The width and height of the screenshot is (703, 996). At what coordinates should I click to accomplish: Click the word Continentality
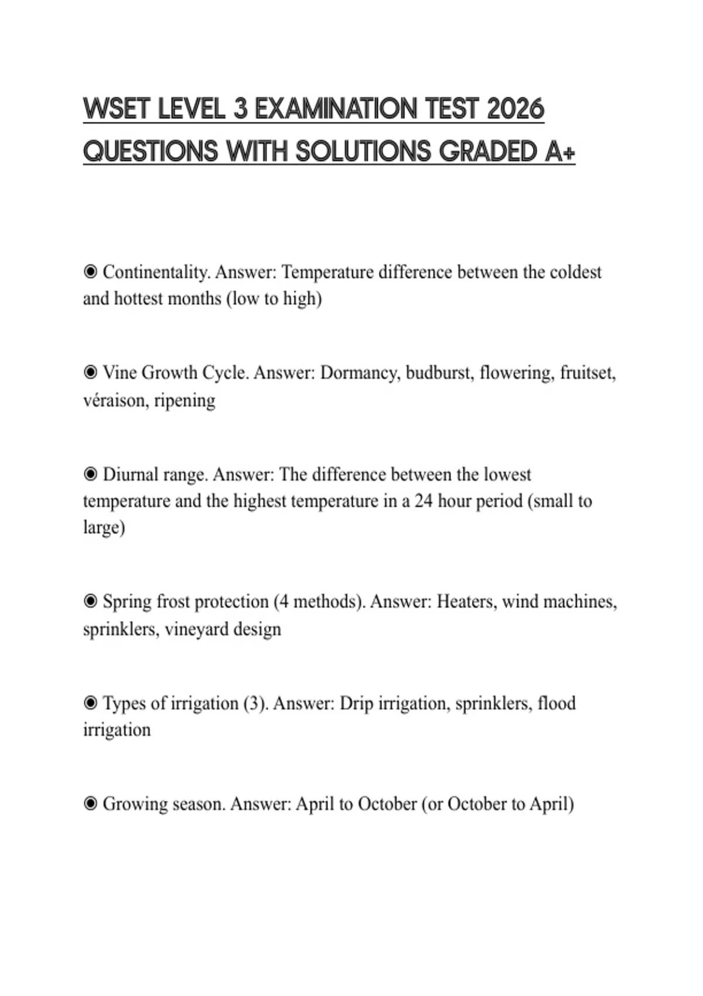click(x=156, y=272)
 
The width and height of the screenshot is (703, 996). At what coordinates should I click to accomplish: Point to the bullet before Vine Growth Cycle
click(x=90, y=373)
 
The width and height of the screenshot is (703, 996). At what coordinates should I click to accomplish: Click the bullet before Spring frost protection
click(x=90, y=602)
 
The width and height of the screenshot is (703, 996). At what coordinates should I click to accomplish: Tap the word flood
click(x=557, y=703)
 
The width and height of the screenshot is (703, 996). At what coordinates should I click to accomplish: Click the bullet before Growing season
click(x=90, y=804)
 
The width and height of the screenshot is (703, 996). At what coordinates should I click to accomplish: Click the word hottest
click(x=138, y=299)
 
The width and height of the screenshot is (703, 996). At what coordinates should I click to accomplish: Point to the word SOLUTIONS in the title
click(x=363, y=152)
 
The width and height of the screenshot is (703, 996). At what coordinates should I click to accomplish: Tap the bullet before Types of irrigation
click(x=90, y=703)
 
